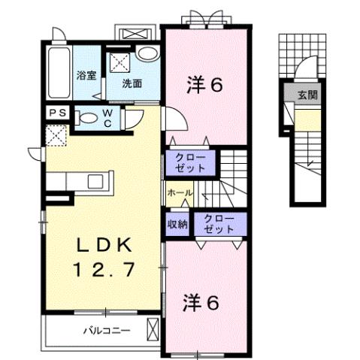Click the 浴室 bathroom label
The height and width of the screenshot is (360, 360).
point(86,75)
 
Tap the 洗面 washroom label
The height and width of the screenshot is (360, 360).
point(132,83)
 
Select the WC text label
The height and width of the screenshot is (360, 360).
point(107,117)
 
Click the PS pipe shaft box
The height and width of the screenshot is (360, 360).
point(57,113)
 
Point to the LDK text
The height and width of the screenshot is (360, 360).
point(104,246)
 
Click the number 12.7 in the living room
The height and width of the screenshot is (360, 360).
point(104,270)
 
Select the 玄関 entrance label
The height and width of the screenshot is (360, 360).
point(307,95)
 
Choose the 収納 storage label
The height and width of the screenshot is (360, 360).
point(178,225)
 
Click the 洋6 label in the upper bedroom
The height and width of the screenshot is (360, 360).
point(204,85)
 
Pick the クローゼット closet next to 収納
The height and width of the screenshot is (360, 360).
point(218,225)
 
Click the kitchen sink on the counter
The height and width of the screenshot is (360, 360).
point(96,180)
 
